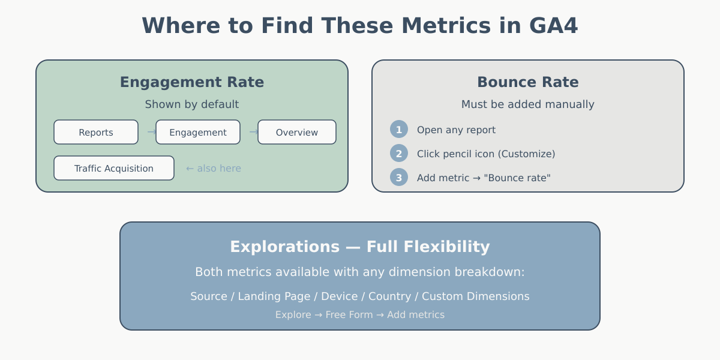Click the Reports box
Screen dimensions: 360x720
coord(96,132)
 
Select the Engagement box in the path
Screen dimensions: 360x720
coord(198,132)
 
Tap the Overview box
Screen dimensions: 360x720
coord(297,132)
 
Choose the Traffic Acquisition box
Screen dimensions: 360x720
coord(114,168)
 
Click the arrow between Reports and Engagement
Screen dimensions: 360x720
coord(151,132)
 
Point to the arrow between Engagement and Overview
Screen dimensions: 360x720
coord(253,132)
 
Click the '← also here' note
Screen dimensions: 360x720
coord(214,169)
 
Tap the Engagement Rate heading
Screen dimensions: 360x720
coord(192,82)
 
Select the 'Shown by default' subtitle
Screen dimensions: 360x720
coord(192,104)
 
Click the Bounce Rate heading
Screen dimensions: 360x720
coord(528,82)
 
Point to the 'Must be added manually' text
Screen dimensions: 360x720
coord(528,104)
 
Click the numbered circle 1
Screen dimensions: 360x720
coord(399,130)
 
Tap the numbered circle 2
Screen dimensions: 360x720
coord(399,154)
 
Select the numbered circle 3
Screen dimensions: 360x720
coord(399,178)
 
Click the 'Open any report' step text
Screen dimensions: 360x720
coord(456,130)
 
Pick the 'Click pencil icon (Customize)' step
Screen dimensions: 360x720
coord(486,154)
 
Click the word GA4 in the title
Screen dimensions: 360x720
coord(553,26)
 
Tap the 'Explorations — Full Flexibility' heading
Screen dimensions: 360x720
coord(360,247)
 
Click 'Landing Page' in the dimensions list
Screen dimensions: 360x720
coord(274,296)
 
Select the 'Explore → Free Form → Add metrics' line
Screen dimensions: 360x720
coord(360,315)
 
